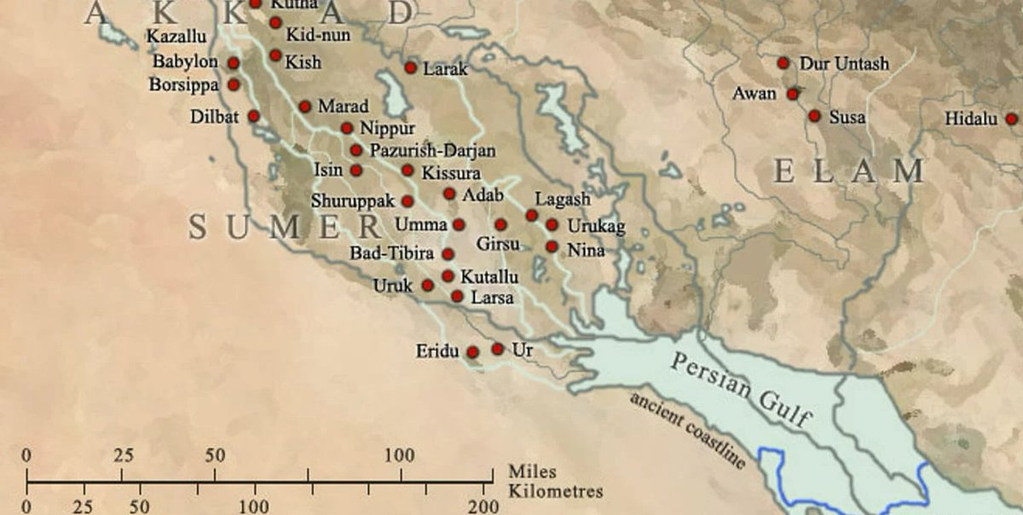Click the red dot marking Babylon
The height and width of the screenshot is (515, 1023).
coord(234,63)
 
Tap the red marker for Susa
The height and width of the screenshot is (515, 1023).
coord(815,116)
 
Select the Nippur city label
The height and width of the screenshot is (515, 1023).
coord(387,129)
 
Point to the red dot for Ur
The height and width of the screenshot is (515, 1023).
coord(498,349)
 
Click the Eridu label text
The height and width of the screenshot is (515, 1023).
coord(437,351)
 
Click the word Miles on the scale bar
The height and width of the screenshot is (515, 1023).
coord(529,472)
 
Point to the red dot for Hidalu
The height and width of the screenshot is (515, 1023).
coord(1012,119)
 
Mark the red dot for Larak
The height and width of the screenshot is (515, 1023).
coord(411,67)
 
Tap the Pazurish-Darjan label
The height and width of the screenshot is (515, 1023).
coord(432,151)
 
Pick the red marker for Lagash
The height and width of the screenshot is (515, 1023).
coord(532,215)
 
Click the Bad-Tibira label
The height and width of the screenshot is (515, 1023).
coord(392,254)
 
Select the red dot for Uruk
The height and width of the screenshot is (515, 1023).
coord(428,285)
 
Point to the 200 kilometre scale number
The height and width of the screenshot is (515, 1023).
coord(483,507)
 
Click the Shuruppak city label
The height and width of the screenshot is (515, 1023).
coord(353,202)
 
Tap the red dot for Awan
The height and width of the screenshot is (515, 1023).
coord(793,94)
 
